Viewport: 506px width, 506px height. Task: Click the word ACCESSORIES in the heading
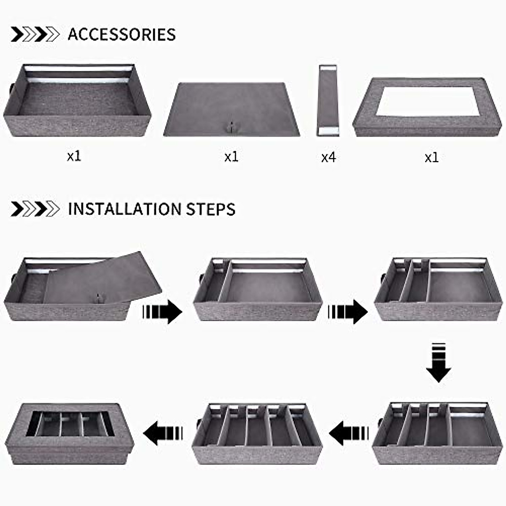click(x=121, y=34)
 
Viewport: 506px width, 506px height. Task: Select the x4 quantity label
click(x=328, y=157)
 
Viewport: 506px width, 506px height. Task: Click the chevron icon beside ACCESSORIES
click(x=35, y=34)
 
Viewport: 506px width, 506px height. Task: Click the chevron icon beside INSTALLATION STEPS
click(x=35, y=209)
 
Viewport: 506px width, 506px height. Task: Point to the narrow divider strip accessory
click(x=328, y=100)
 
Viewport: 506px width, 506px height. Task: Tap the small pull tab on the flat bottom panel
click(x=231, y=126)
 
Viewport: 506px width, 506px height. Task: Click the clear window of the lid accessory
click(x=428, y=101)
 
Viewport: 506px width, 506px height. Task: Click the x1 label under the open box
click(x=74, y=156)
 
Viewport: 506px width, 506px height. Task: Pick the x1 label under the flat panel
click(x=231, y=157)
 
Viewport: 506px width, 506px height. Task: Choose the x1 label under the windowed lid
click(x=431, y=157)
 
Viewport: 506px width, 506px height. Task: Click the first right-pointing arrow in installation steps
click(x=162, y=312)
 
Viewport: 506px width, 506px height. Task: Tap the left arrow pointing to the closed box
click(x=163, y=433)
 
